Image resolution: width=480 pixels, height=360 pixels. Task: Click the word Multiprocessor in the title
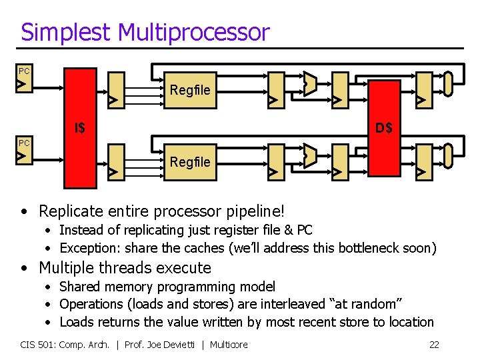[x=194, y=32]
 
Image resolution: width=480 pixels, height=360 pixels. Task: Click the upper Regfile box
[x=190, y=89]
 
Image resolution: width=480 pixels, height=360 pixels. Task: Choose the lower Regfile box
[x=190, y=161]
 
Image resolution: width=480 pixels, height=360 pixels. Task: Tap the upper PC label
[x=24, y=71]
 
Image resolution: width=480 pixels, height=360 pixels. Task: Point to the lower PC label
[x=24, y=143]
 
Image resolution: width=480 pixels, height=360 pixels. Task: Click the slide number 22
[x=434, y=345]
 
